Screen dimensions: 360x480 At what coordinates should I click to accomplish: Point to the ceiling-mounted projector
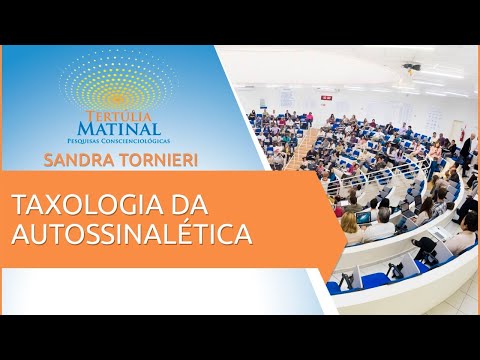point(411,69)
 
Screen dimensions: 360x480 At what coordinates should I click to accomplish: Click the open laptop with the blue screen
point(363,217)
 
